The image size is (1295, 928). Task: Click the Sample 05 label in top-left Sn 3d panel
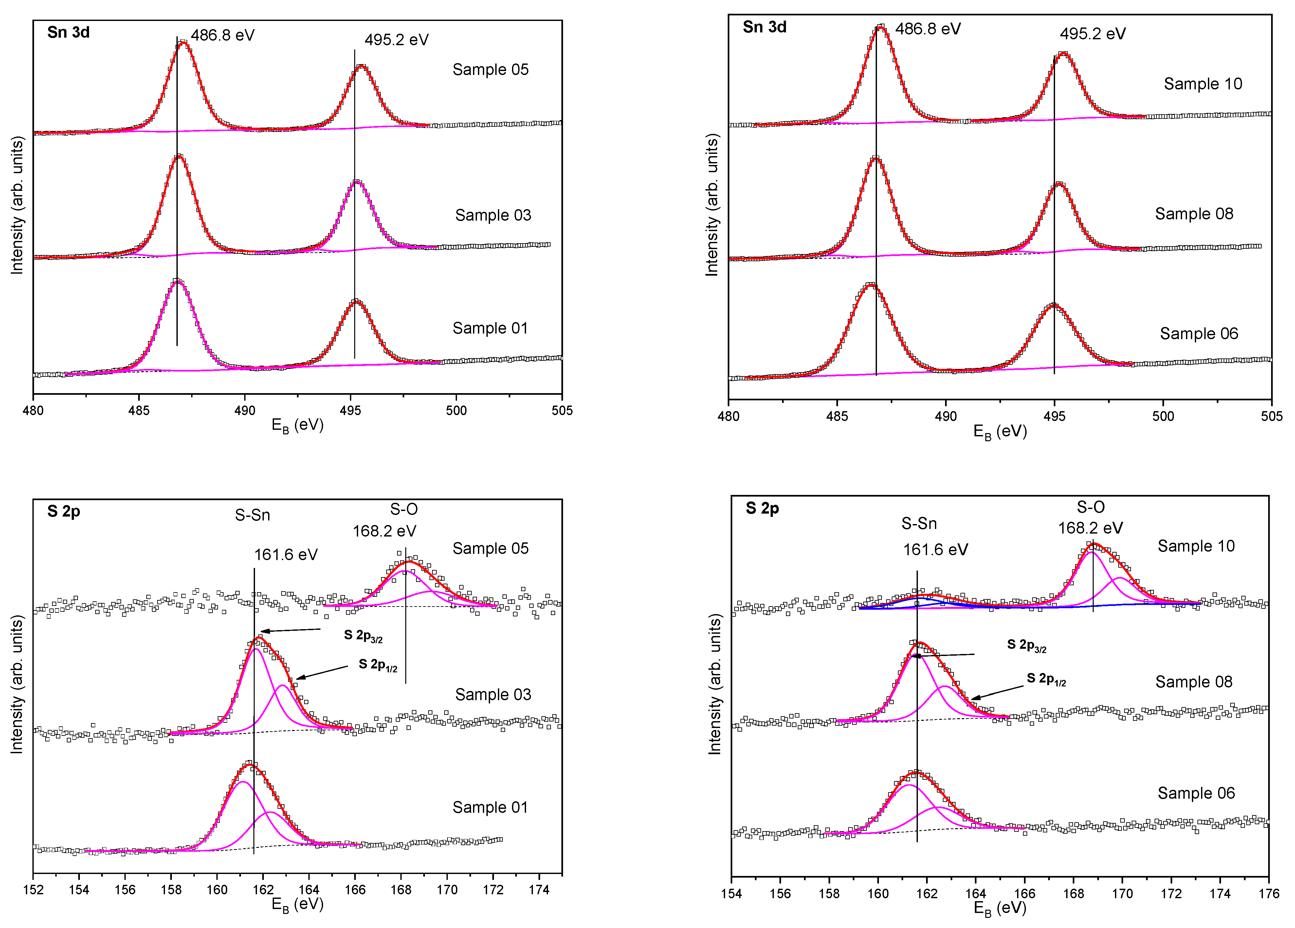pyautogui.click(x=490, y=70)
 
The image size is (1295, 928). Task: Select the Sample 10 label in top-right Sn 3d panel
pyautogui.click(x=1202, y=84)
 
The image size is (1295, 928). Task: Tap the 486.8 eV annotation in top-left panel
pyautogui.click(x=222, y=35)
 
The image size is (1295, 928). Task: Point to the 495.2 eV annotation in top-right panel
pyautogui.click(x=1092, y=34)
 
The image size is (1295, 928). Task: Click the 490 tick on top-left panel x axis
pyautogui.click(x=245, y=410)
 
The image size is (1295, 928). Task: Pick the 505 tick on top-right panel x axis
pyautogui.click(x=1271, y=416)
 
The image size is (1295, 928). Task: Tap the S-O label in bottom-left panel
pyautogui.click(x=404, y=509)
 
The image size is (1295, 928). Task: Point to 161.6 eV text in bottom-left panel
pyautogui.click(x=285, y=555)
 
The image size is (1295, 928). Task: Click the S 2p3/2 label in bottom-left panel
pyautogui.click(x=363, y=636)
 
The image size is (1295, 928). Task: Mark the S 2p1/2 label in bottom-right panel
pyautogui.click(x=1046, y=679)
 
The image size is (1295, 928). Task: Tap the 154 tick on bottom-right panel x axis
pyautogui.click(x=731, y=893)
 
